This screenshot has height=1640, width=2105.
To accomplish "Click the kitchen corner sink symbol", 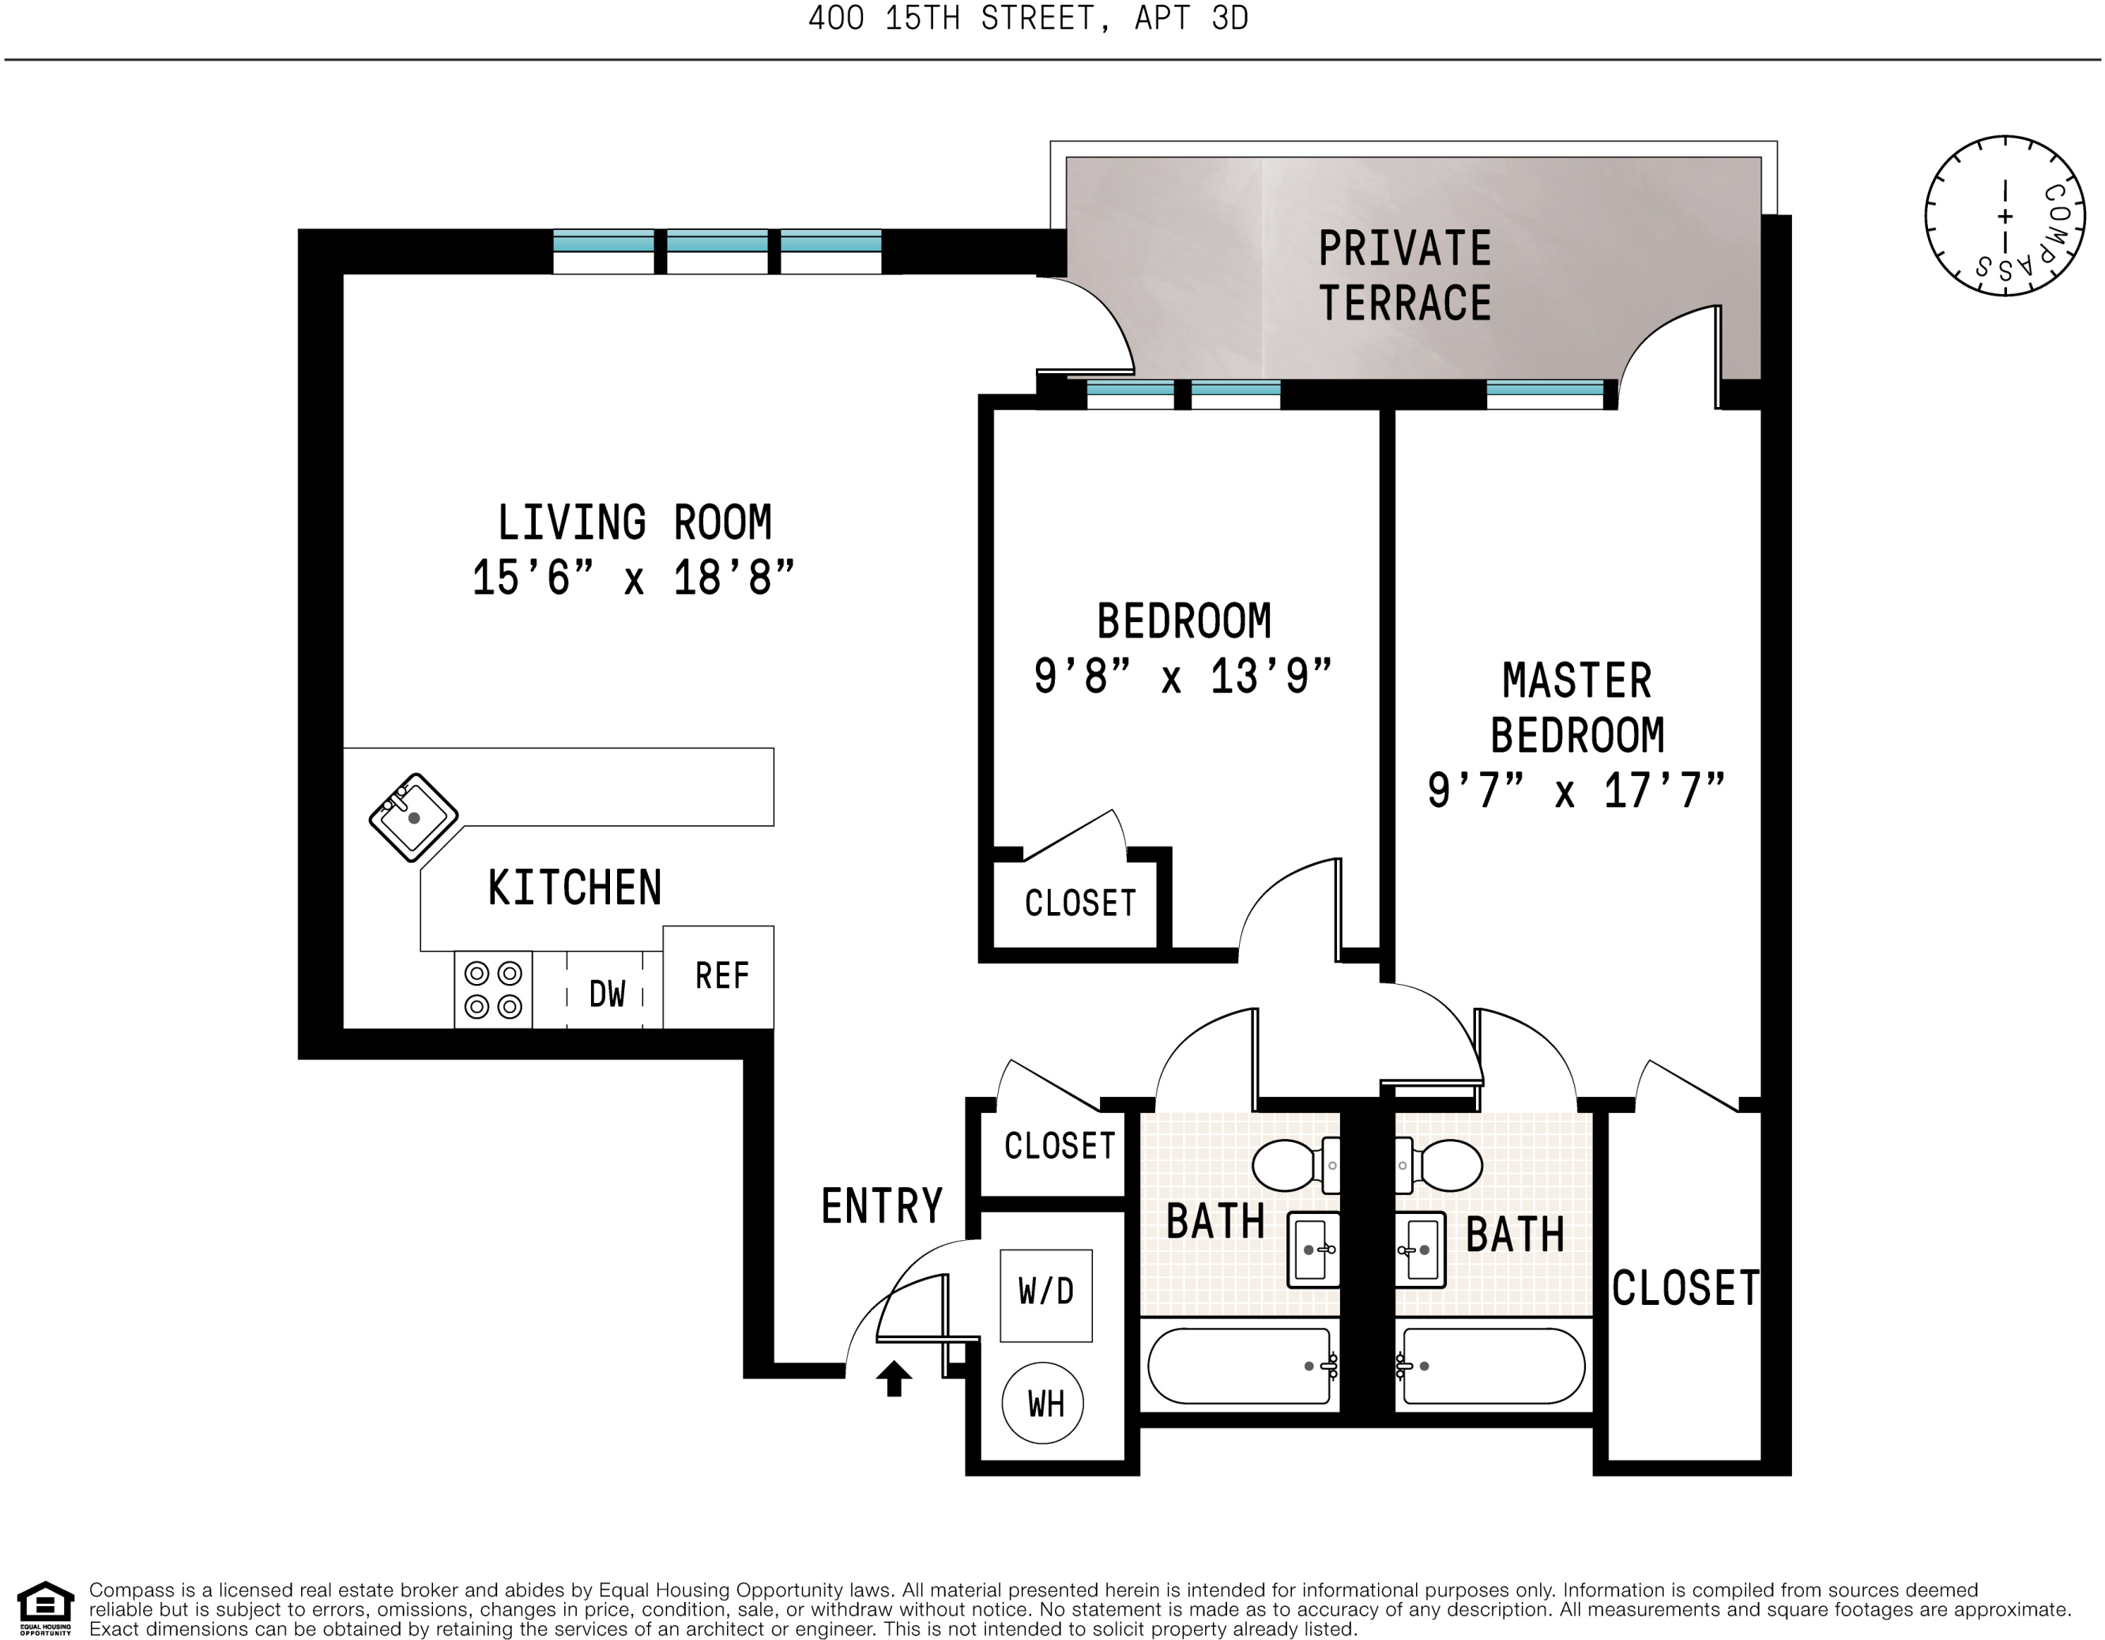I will [x=413, y=816].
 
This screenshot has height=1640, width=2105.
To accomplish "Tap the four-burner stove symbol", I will [x=492, y=990].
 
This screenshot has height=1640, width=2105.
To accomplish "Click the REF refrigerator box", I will [x=719, y=977].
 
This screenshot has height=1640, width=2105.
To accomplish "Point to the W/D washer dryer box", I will [x=1045, y=1295].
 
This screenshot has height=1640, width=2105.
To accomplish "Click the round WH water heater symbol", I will [x=1044, y=1403].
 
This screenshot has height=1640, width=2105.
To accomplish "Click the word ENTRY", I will [x=881, y=1206].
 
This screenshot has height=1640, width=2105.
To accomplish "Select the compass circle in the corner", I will [x=2005, y=216].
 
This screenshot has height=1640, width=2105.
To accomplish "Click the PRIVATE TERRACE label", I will [x=1404, y=276].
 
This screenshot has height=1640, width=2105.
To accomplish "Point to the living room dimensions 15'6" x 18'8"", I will [x=633, y=579].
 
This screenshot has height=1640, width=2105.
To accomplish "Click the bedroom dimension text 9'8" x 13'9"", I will [x=1183, y=677].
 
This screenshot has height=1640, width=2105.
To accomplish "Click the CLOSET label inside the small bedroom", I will [x=1079, y=903].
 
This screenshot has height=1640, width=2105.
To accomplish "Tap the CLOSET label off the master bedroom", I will [x=1685, y=1288].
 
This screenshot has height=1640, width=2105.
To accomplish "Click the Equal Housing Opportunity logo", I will [x=44, y=1608].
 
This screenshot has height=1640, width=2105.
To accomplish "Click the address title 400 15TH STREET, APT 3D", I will [x=1027, y=18].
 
